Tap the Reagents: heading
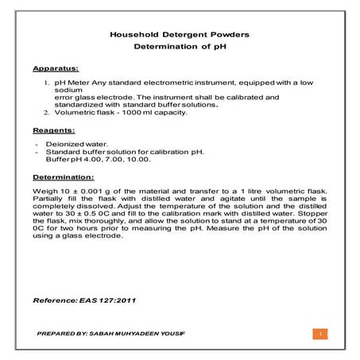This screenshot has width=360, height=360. [56, 129]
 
